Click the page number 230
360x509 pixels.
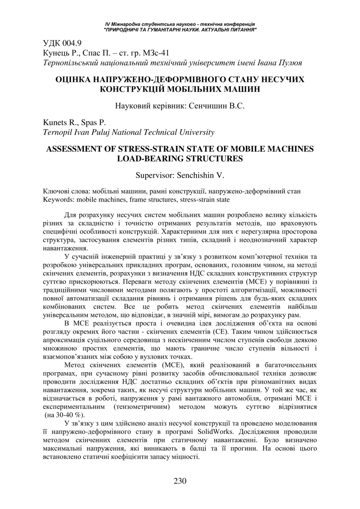pyautogui.click(x=180, y=481)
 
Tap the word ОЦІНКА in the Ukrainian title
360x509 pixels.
pyautogui.click(x=76, y=79)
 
